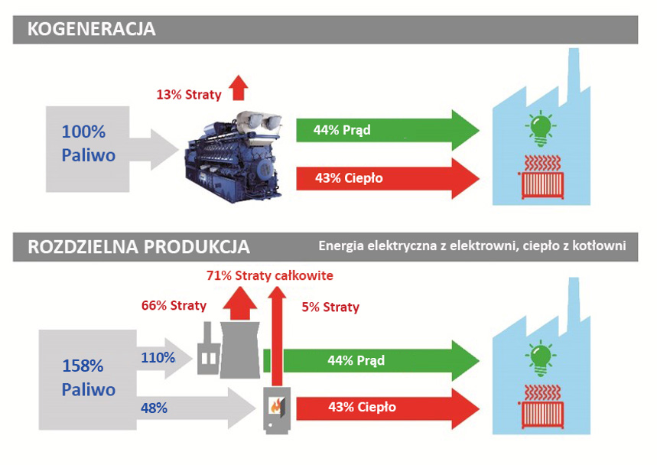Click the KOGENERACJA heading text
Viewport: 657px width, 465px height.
pyautogui.click(x=91, y=30)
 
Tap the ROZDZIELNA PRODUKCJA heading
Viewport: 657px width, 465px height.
pyautogui.click(x=138, y=247)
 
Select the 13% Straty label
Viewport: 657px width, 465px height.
pyautogui.click(x=188, y=95)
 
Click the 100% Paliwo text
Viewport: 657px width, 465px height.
pyautogui.click(x=89, y=144)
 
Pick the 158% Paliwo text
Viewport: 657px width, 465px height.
pyautogui.click(x=89, y=377)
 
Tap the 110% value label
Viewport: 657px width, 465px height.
pyautogui.click(x=158, y=357)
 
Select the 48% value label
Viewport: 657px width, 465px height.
pyautogui.click(x=154, y=408)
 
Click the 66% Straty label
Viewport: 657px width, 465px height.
pyautogui.click(x=174, y=305)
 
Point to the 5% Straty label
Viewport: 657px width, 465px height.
pyautogui.click(x=329, y=307)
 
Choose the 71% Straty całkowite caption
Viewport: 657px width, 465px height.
pyautogui.click(x=270, y=275)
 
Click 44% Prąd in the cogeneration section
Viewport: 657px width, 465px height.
pyautogui.click(x=342, y=130)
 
